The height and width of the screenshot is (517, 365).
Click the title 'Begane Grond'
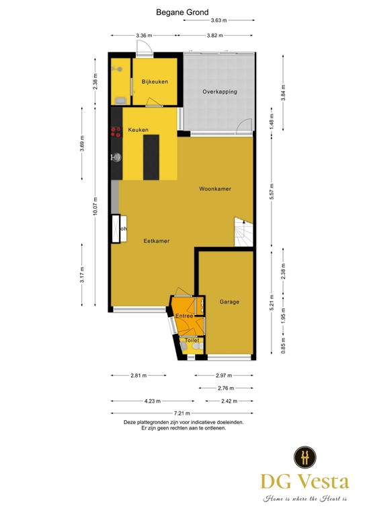coord(182,12)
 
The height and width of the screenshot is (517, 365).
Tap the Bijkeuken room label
coord(154,82)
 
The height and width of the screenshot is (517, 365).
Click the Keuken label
coord(138,130)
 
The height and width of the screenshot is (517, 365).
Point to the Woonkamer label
coord(215,189)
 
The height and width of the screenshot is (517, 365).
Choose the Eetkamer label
coord(156,240)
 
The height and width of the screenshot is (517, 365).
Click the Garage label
coord(229,302)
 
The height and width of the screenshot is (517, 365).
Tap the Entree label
coord(184,316)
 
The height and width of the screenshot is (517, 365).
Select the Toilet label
coord(192,341)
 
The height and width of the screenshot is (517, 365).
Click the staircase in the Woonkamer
coord(243,232)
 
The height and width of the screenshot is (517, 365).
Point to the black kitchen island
coord(151,157)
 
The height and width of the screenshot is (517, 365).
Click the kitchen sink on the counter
coord(116,158)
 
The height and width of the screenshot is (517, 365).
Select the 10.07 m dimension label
coord(95,207)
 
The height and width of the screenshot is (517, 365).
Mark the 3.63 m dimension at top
coord(218,22)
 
